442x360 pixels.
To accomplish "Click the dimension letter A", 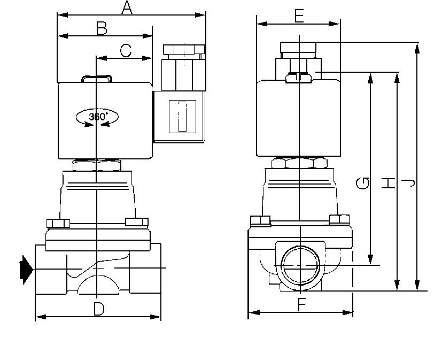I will click(x=127, y=7).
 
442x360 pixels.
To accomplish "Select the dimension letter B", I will click(x=102, y=28).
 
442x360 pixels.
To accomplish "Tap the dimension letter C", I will click(x=126, y=50).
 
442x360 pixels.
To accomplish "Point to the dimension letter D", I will click(x=98, y=309).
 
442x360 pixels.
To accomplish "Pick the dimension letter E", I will click(x=299, y=16).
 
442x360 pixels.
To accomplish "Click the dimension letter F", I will click(x=302, y=305).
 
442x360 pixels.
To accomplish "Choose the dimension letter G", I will click(x=363, y=183).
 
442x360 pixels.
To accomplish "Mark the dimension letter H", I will click(x=389, y=183).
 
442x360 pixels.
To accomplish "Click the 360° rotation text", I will click(x=97, y=116).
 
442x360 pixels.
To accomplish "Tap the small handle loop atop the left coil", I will click(x=97, y=79).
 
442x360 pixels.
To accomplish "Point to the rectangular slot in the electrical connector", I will click(x=182, y=116).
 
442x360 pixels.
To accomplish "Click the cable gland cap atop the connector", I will click(x=184, y=50).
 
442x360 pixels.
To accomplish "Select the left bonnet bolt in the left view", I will click(x=58, y=223).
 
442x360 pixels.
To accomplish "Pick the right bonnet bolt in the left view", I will click(x=136, y=222).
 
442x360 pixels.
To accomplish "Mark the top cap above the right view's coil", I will click(x=298, y=48).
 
